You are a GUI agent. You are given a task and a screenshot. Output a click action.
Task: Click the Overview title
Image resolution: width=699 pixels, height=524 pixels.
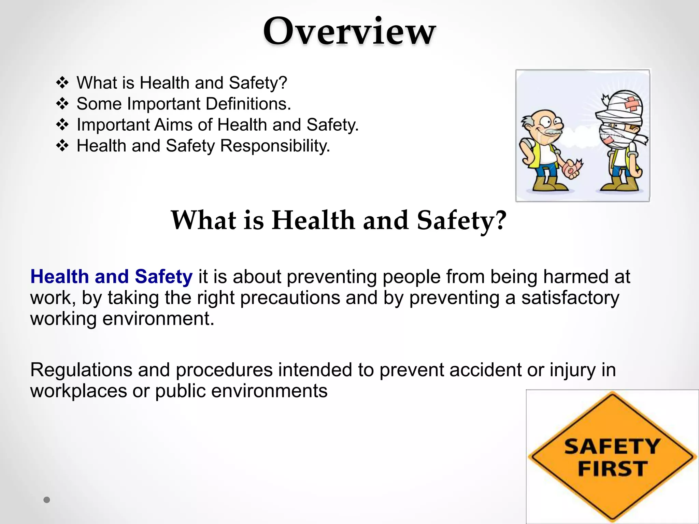pyautogui.click(x=349, y=31)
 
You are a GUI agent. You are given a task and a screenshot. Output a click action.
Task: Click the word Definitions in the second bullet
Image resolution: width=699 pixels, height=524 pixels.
pyautogui.click(x=248, y=104)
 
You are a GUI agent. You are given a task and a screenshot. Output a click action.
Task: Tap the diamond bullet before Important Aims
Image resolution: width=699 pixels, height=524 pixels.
pyautogui.click(x=62, y=125)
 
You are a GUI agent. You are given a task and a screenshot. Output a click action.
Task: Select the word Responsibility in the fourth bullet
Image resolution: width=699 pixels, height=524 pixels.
pyautogui.click(x=275, y=146)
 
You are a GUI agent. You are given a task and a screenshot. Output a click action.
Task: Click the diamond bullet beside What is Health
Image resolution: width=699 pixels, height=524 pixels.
pyautogui.click(x=62, y=83)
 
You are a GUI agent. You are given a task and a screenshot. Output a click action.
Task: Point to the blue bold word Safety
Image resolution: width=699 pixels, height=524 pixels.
pyautogui.click(x=163, y=276)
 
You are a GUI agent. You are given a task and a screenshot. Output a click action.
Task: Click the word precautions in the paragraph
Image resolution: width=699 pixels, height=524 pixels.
pyautogui.click(x=290, y=297)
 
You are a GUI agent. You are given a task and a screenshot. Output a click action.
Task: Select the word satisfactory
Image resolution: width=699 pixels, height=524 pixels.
pyautogui.click(x=570, y=297)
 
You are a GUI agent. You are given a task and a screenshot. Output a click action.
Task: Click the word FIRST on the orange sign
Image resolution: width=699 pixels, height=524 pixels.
pyautogui.click(x=613, y=468)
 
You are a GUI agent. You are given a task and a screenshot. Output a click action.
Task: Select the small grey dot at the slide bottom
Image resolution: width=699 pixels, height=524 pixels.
pyautogui.click(x=47, y=500)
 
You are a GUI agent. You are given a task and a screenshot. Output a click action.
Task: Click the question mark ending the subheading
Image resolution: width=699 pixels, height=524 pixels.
pyautogui.click(x=500, y=220)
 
